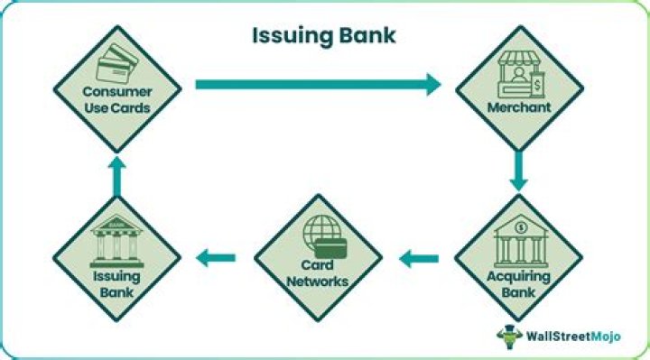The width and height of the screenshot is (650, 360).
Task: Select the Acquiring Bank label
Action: tap(517, 284)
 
